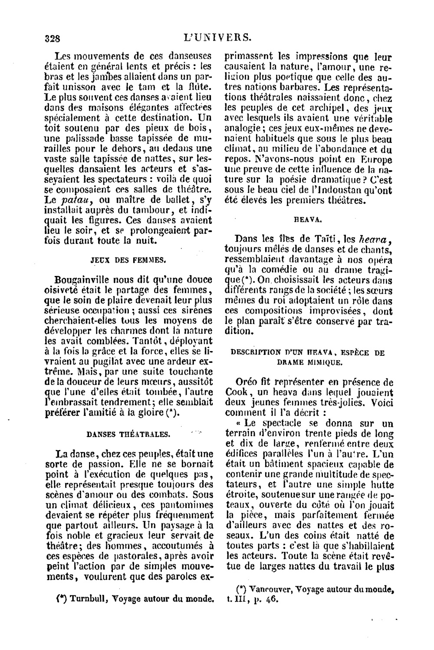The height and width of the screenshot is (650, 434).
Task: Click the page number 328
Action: tap(52, 38)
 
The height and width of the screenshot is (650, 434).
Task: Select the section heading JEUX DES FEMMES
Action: tap(128, 260)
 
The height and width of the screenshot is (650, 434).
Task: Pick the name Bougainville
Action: tap(87, 280)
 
